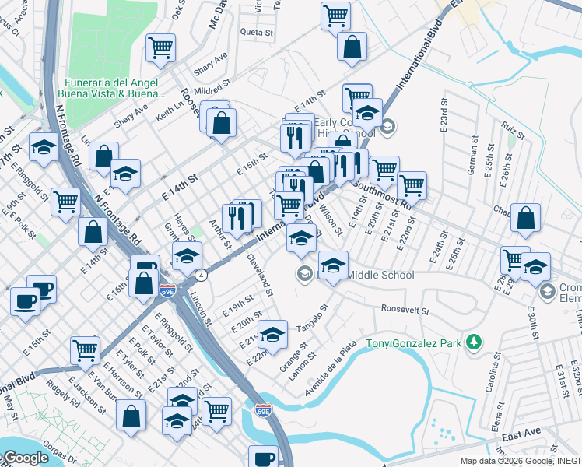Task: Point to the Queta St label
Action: click(257, 33)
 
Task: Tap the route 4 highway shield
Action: click(202, 275)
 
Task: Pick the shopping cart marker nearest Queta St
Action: click(335, 15)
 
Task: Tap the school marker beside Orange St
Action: click(272, 333)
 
